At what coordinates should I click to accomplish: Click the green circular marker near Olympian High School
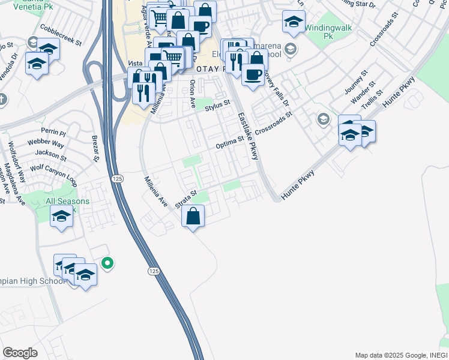[107, 263]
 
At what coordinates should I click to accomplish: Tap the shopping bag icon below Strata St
[193, 216]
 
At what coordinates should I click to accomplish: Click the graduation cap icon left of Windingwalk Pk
[294, 22]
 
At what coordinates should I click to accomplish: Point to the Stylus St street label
[217, 106]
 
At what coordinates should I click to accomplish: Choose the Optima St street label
[230, 142]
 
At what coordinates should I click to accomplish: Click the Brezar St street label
[95, 148]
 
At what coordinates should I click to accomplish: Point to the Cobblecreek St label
[60, 36]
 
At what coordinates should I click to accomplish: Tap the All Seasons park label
[67, 201]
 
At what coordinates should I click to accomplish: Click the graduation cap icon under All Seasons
[61, 216]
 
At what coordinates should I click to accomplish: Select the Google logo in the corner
[20, 352]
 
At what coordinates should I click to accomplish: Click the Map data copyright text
[400, 355]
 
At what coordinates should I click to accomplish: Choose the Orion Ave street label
[193, 94]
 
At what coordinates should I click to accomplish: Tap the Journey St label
[355, 85]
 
